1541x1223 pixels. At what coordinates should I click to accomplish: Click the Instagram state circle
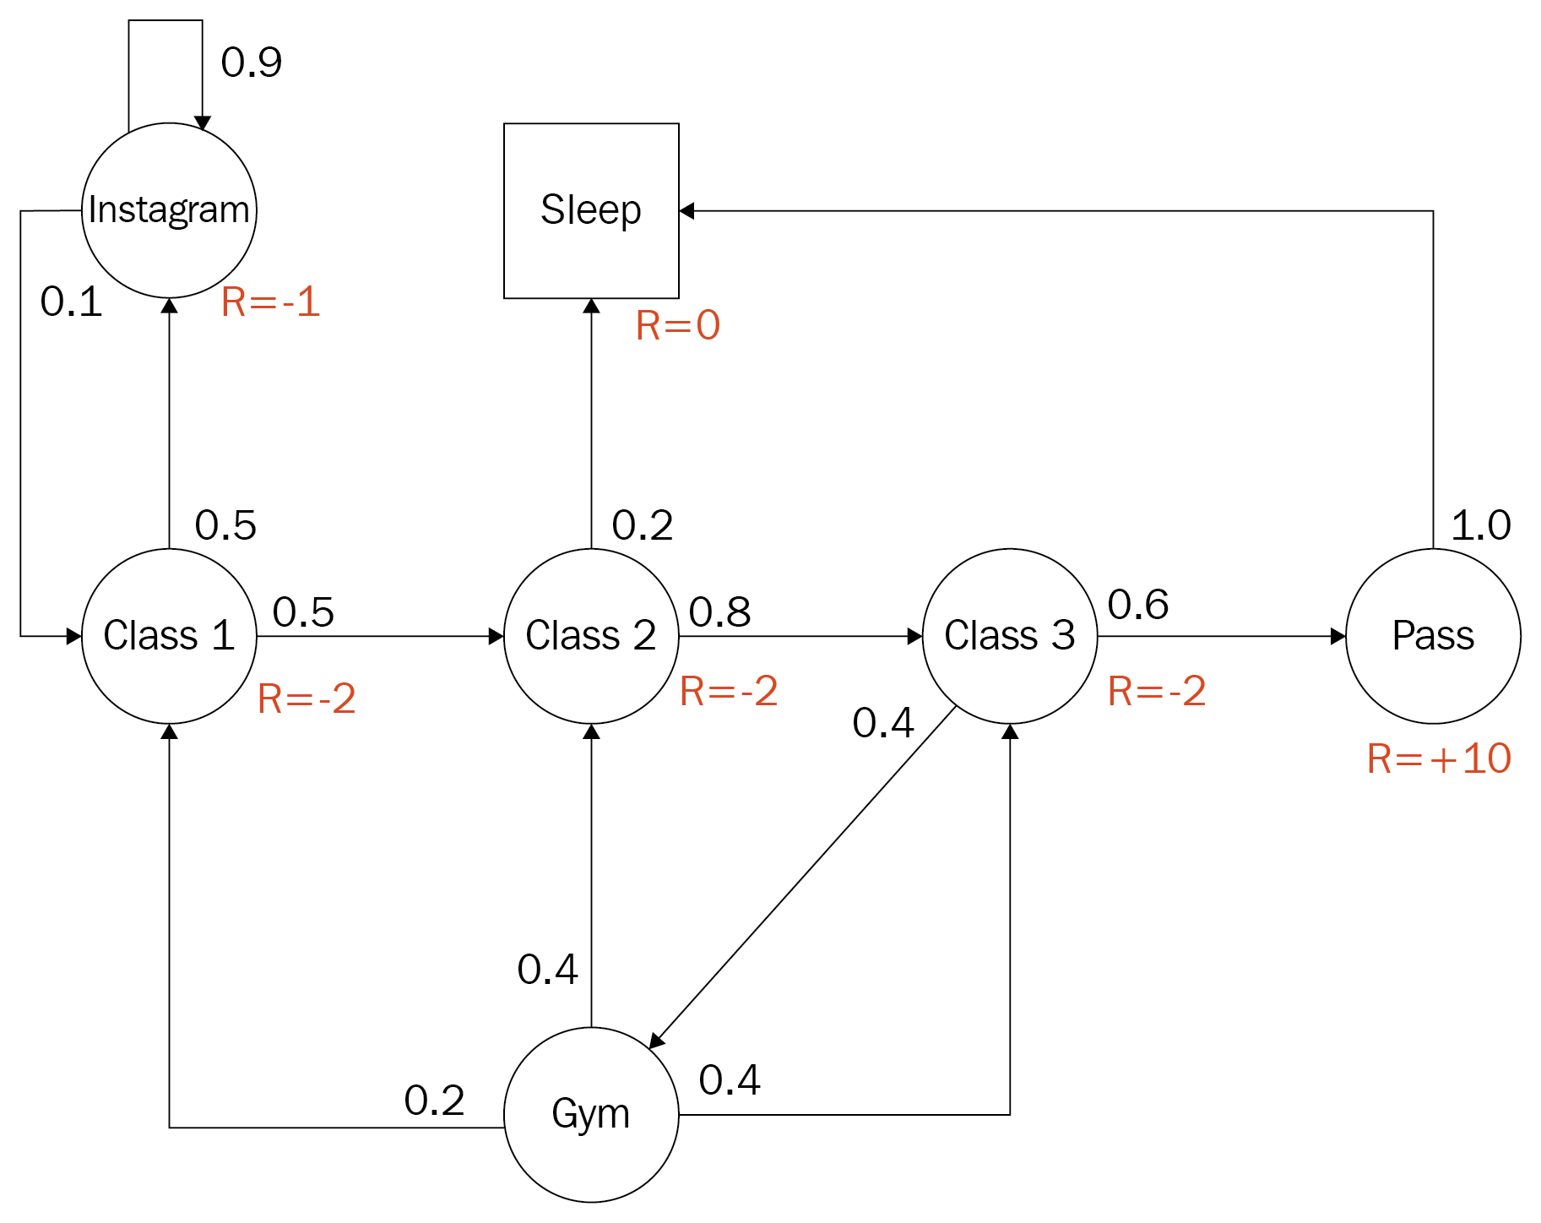169,210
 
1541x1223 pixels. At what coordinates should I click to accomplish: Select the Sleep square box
591,210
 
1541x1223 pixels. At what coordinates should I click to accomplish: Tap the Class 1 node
169,636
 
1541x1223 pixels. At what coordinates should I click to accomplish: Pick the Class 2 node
591,636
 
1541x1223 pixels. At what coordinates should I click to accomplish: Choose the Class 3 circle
1010,636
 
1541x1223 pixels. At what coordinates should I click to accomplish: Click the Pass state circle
1433,636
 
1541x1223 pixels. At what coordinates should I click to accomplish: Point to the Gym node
591,1114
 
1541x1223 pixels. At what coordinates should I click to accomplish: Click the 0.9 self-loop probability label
251,63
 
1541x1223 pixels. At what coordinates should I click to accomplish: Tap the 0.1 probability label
71,302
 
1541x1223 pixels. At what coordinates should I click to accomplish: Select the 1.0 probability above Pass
1480,525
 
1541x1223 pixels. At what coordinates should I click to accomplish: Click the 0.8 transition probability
719,611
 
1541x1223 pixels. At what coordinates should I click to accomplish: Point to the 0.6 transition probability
1137,605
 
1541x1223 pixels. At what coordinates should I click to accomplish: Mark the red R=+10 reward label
1439,758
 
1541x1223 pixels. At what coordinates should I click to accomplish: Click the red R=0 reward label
677,325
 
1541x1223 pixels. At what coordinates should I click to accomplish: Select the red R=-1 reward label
270,302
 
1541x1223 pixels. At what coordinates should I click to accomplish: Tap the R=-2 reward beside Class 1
307,698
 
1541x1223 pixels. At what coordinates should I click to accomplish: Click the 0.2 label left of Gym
434,1100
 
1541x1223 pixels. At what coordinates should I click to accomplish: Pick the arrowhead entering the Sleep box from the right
686,211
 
